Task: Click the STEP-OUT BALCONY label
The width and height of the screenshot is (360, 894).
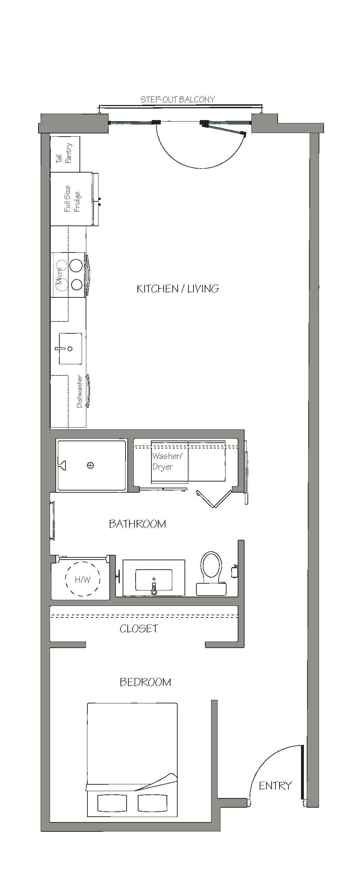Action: (x=178, y=100)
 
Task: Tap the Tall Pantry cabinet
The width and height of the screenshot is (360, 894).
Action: (x=65, y=154)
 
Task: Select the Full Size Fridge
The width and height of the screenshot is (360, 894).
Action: (x=72, y=199)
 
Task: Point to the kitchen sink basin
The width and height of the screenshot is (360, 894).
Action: (x=70, y=348)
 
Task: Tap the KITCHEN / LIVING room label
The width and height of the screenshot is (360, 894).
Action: (x=178, y=288)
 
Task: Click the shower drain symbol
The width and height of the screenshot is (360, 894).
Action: (x=90, y=465)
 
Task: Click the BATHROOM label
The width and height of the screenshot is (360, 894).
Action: (x=137, y=524)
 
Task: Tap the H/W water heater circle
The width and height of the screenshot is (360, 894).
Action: (x=82, y=579)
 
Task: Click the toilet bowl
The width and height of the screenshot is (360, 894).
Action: (x=211, y=565)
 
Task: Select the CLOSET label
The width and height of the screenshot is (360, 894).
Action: (x=139, y=629)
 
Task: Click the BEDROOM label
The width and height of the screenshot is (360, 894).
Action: (x=145, y=682)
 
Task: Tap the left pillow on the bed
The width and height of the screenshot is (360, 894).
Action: (x=112, y=803)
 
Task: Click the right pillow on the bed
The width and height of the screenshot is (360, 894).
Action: (x=152, y=803)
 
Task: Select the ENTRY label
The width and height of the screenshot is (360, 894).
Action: (x=275, y=786)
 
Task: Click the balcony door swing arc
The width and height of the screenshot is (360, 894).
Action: (x=201, y=168)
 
